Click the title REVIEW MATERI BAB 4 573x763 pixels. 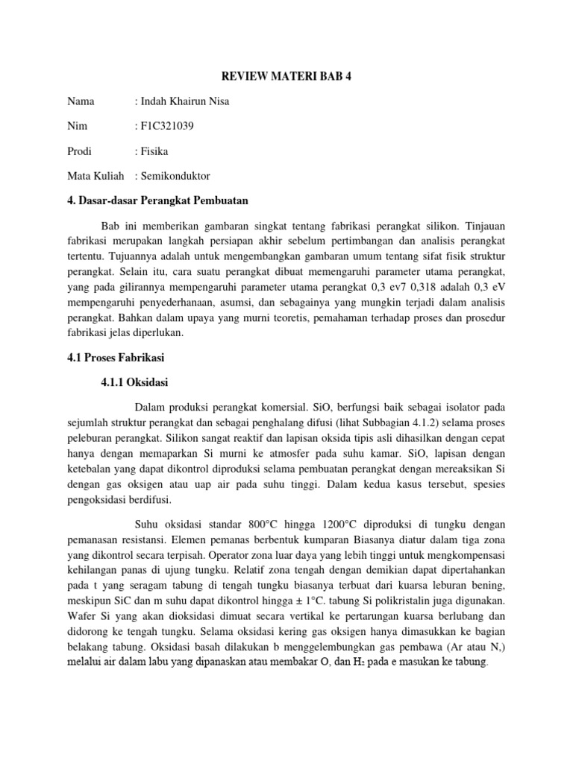[286, 77]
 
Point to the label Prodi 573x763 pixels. [79, 151]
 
